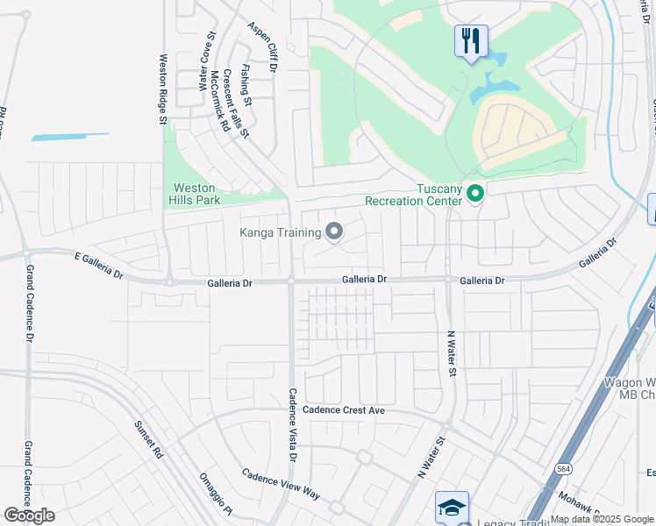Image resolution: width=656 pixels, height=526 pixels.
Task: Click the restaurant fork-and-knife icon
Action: (x=471, y=40)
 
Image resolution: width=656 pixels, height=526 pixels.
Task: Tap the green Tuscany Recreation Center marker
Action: (x=475, y=192)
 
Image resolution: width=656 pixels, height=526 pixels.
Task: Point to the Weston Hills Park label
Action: (x=194, y=194)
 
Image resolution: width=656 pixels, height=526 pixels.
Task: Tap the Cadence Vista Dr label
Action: (x=293, y=424)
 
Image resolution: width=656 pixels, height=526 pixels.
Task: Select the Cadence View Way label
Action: (x=281, y=482)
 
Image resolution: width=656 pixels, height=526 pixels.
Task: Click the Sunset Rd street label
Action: (x=147, y=440)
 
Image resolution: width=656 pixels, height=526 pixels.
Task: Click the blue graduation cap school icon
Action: (x=452, y=508)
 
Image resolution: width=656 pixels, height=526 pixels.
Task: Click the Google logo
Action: (x=29, y=515)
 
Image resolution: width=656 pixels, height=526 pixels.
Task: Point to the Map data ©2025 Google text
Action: (x=602, y=519)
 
